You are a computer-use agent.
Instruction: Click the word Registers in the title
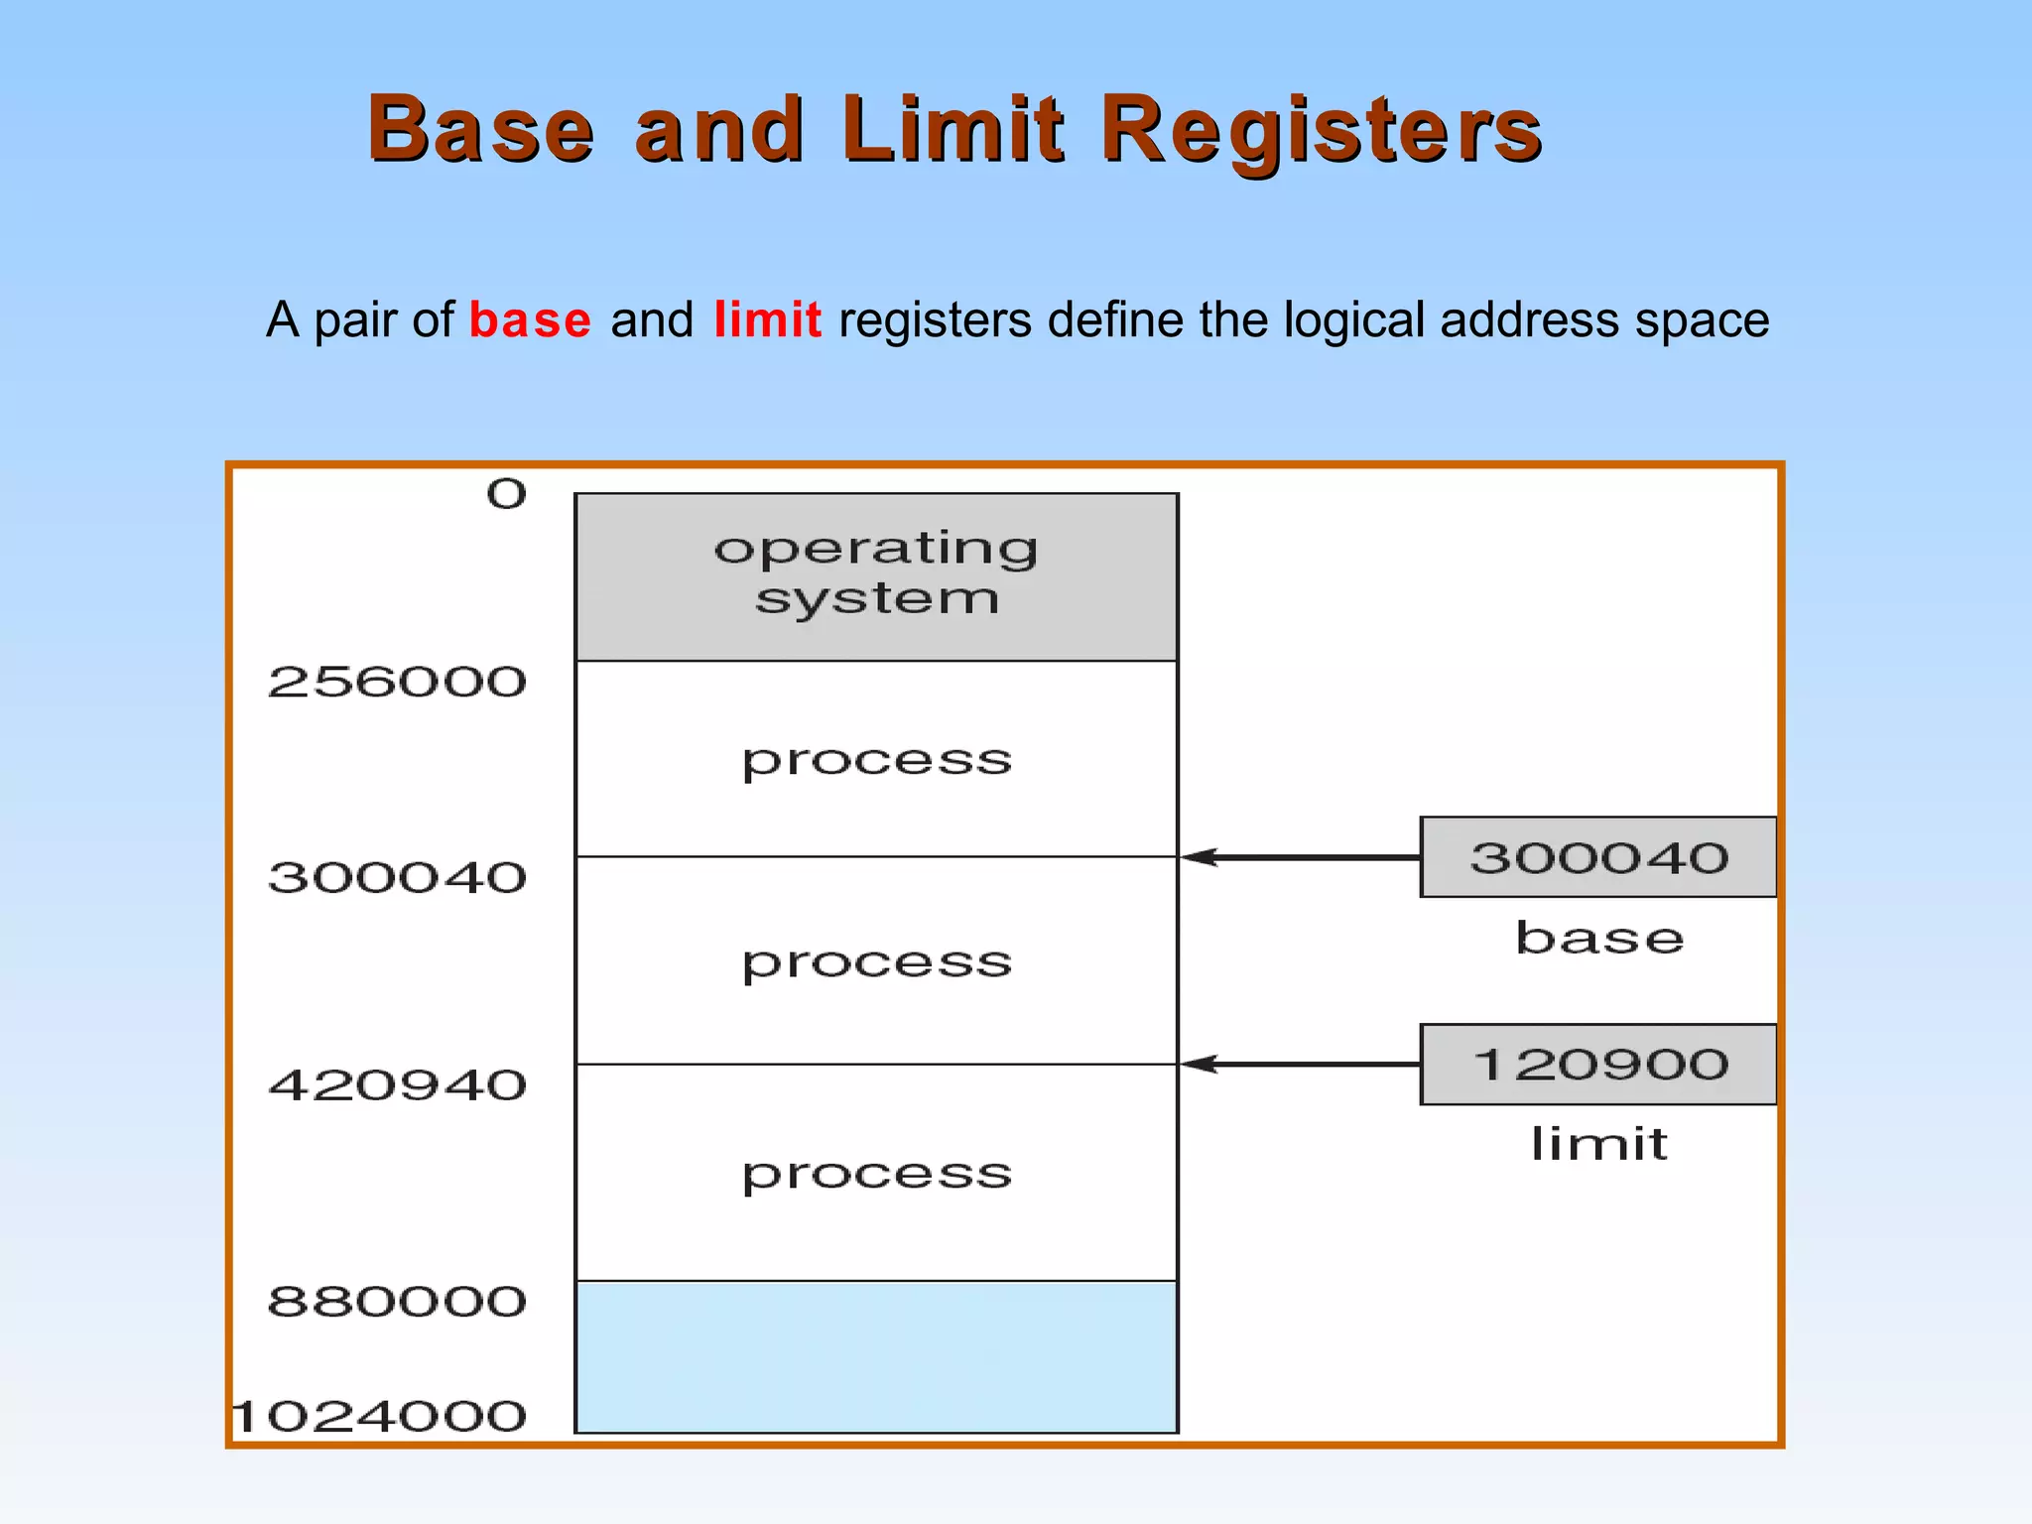1321,130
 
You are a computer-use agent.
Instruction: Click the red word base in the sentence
530,320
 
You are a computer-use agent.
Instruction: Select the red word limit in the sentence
767,320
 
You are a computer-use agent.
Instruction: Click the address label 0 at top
506,494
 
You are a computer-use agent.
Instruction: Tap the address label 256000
397,683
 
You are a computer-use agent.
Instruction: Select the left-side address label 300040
397,878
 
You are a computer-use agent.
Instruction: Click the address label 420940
397,1085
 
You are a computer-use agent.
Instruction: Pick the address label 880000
397,1302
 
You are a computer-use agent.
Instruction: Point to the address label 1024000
380,1417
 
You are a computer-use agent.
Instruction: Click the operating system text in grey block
877,573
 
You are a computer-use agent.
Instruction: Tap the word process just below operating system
877,762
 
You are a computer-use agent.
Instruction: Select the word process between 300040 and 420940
877,963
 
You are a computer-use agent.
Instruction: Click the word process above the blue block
877,1175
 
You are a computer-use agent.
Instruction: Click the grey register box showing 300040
1597,857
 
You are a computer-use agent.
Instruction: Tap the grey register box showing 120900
1597,1065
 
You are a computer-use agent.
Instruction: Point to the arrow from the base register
1300,857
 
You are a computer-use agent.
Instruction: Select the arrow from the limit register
1300,1065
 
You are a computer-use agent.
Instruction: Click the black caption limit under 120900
1598,1144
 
